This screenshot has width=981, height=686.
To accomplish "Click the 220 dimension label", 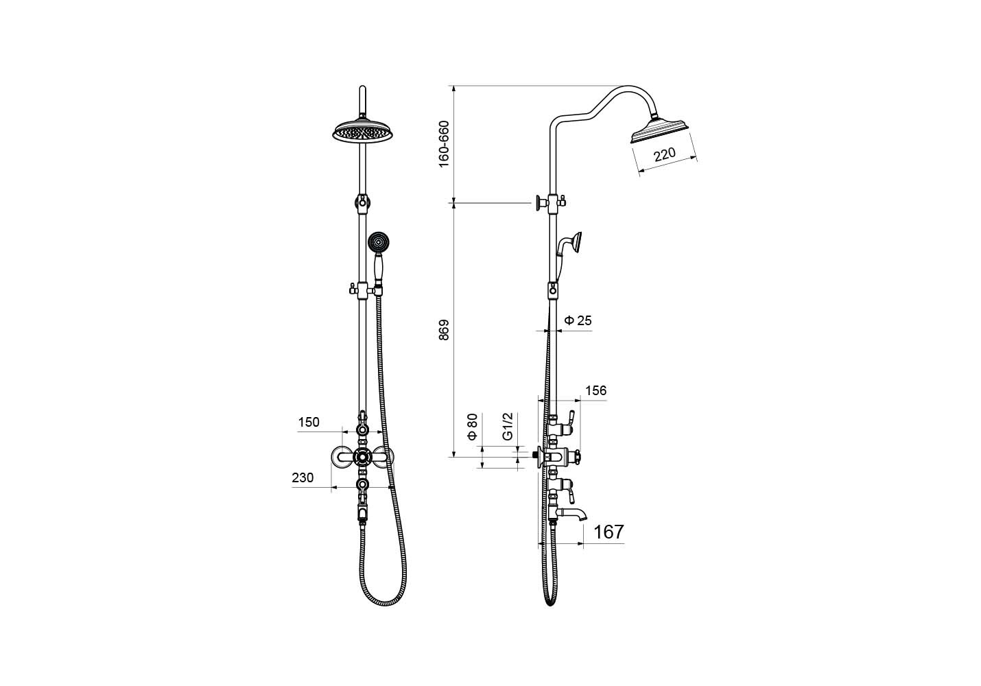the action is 665,154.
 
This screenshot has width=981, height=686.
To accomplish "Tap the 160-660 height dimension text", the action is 444,143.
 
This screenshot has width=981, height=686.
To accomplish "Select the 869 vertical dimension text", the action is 444,330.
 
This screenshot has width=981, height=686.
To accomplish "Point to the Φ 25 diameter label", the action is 578,320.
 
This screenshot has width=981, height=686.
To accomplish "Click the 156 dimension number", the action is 596,390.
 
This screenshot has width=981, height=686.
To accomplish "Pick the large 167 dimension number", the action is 608,532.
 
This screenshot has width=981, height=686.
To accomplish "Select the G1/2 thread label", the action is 508,426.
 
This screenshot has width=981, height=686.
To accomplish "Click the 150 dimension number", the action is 309,423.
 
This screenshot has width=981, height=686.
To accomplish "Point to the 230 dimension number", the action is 303,477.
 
